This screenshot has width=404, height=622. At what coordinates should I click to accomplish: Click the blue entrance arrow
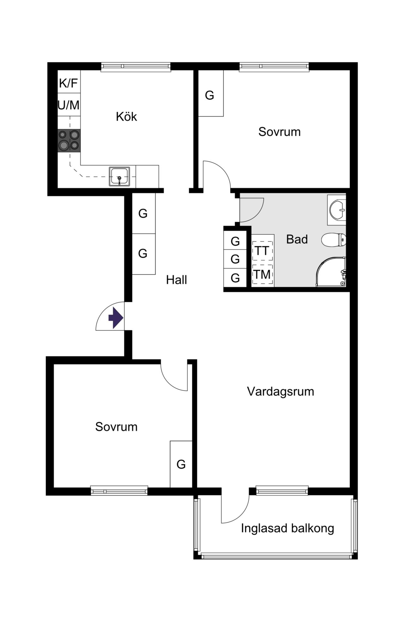116,318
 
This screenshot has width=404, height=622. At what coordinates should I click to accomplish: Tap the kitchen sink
119,176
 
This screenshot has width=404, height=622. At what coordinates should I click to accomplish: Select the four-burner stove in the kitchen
69,141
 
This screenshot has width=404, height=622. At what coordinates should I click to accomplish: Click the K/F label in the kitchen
68,83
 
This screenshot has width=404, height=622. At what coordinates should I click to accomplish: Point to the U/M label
68,105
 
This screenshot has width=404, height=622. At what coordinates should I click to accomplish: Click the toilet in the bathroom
334,240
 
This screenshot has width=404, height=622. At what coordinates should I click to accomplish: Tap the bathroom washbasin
337,210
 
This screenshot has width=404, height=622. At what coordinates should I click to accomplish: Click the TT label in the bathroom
262,251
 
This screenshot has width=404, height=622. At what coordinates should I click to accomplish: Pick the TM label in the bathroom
262,275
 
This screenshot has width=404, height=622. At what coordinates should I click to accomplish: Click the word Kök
126,117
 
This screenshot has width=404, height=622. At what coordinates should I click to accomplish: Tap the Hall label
176,280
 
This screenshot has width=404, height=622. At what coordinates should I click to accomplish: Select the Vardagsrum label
281,392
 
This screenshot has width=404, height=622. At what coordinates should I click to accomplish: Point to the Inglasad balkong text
288,529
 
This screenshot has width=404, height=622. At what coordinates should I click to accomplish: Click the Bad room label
297,239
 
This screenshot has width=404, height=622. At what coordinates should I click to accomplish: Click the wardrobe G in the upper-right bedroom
210,95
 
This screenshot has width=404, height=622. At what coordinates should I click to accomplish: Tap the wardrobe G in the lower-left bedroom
181,464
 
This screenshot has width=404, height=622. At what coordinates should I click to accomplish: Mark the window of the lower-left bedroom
119,491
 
